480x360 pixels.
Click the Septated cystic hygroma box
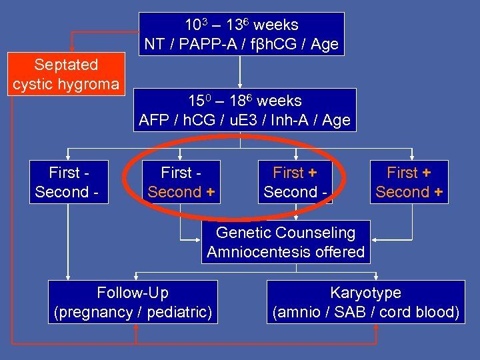pos(65,75)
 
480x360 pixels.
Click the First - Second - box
pos(68,183)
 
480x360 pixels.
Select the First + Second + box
pos(409,183)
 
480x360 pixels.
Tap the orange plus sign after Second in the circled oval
pos(210,192)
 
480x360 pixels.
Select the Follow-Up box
pos(133,302)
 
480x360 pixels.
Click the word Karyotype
pos(365,293)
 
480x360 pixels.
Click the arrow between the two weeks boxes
pos(240,82)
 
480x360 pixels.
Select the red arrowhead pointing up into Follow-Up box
pos(135,328)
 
